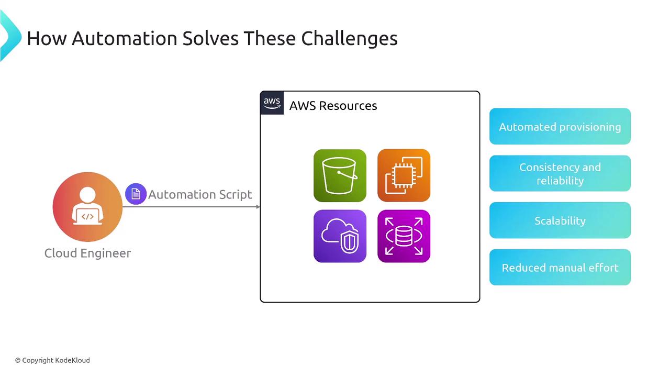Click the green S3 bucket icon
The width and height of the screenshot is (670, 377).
pyautogui.click(x=340, y=175)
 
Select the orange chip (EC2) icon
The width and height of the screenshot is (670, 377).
pyautogui.click(x=404, y=175)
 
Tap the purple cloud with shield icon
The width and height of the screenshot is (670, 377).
pyautogui.click(x=340, y=236)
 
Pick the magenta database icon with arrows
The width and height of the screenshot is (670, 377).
pyautogui.click(x=404, y=236)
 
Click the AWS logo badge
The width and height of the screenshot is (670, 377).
pyautogui.click(x=272, y=103)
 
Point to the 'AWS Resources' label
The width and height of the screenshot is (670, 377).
pyautogui.click(x=333, y=106)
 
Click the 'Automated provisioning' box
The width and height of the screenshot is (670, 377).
pyautogui.click(x=560, y=126)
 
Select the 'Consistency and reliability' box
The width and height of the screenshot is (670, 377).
pyautogui.click(x=560, y=173)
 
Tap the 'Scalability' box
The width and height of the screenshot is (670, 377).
pyautogui.click(x=560, y=220)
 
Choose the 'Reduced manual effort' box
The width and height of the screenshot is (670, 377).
pyautogui.click(x=560, y=267)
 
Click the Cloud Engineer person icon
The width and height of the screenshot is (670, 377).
pyautogui.click(x=87, y=207)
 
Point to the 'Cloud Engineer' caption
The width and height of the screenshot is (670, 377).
pyautogui.click(x=87, y=253)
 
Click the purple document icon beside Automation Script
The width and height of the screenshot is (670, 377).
pyautogui.click(x=136, y=194)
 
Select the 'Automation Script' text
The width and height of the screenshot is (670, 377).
pyautogui.click(x=200, y=194)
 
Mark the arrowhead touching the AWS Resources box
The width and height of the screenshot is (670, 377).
pyautogui.click(x=258, y=207)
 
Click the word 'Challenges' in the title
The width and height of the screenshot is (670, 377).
pyautogui.click(x=349, y=39)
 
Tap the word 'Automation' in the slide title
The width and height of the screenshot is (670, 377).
pyautogui.click(x=125, y=38)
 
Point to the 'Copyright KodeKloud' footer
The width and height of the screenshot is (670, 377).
pyautogui.click(x=52, y=360)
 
